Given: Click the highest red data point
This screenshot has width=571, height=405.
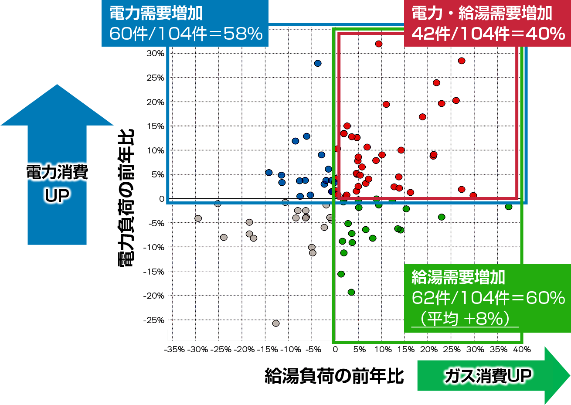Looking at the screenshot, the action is (378, 44).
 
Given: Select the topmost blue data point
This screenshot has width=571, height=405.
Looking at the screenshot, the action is (318, 63).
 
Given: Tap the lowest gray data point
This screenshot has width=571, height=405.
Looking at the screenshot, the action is (276, 323).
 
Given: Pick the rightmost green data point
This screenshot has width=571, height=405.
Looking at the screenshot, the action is (509, 207).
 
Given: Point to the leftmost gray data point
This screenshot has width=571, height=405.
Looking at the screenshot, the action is (198, 218).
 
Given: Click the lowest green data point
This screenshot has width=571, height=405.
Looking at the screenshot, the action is (351, 292).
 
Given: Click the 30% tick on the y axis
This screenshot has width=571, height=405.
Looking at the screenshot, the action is (155, 53).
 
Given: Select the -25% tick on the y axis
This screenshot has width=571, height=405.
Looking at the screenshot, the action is (154, 320).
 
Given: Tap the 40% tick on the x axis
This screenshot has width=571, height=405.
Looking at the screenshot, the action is (522, 349).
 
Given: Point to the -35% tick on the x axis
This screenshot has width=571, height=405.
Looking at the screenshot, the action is (174, 349).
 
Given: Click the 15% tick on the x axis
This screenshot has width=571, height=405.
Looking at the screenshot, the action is (406, 349).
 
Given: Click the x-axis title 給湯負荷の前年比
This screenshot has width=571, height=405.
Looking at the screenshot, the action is (334, 376).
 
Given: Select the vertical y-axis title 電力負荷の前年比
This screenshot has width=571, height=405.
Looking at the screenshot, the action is (126, 198).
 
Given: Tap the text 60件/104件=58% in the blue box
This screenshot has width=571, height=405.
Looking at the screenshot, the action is (186, 34).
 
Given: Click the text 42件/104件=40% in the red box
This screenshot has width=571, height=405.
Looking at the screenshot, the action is (488, 34).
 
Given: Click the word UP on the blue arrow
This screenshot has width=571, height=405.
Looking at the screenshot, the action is (57, 195).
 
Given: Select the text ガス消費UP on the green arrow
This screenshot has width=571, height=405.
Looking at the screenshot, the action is (488, 376).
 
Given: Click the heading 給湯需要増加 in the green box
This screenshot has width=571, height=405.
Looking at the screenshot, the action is (458, 277).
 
